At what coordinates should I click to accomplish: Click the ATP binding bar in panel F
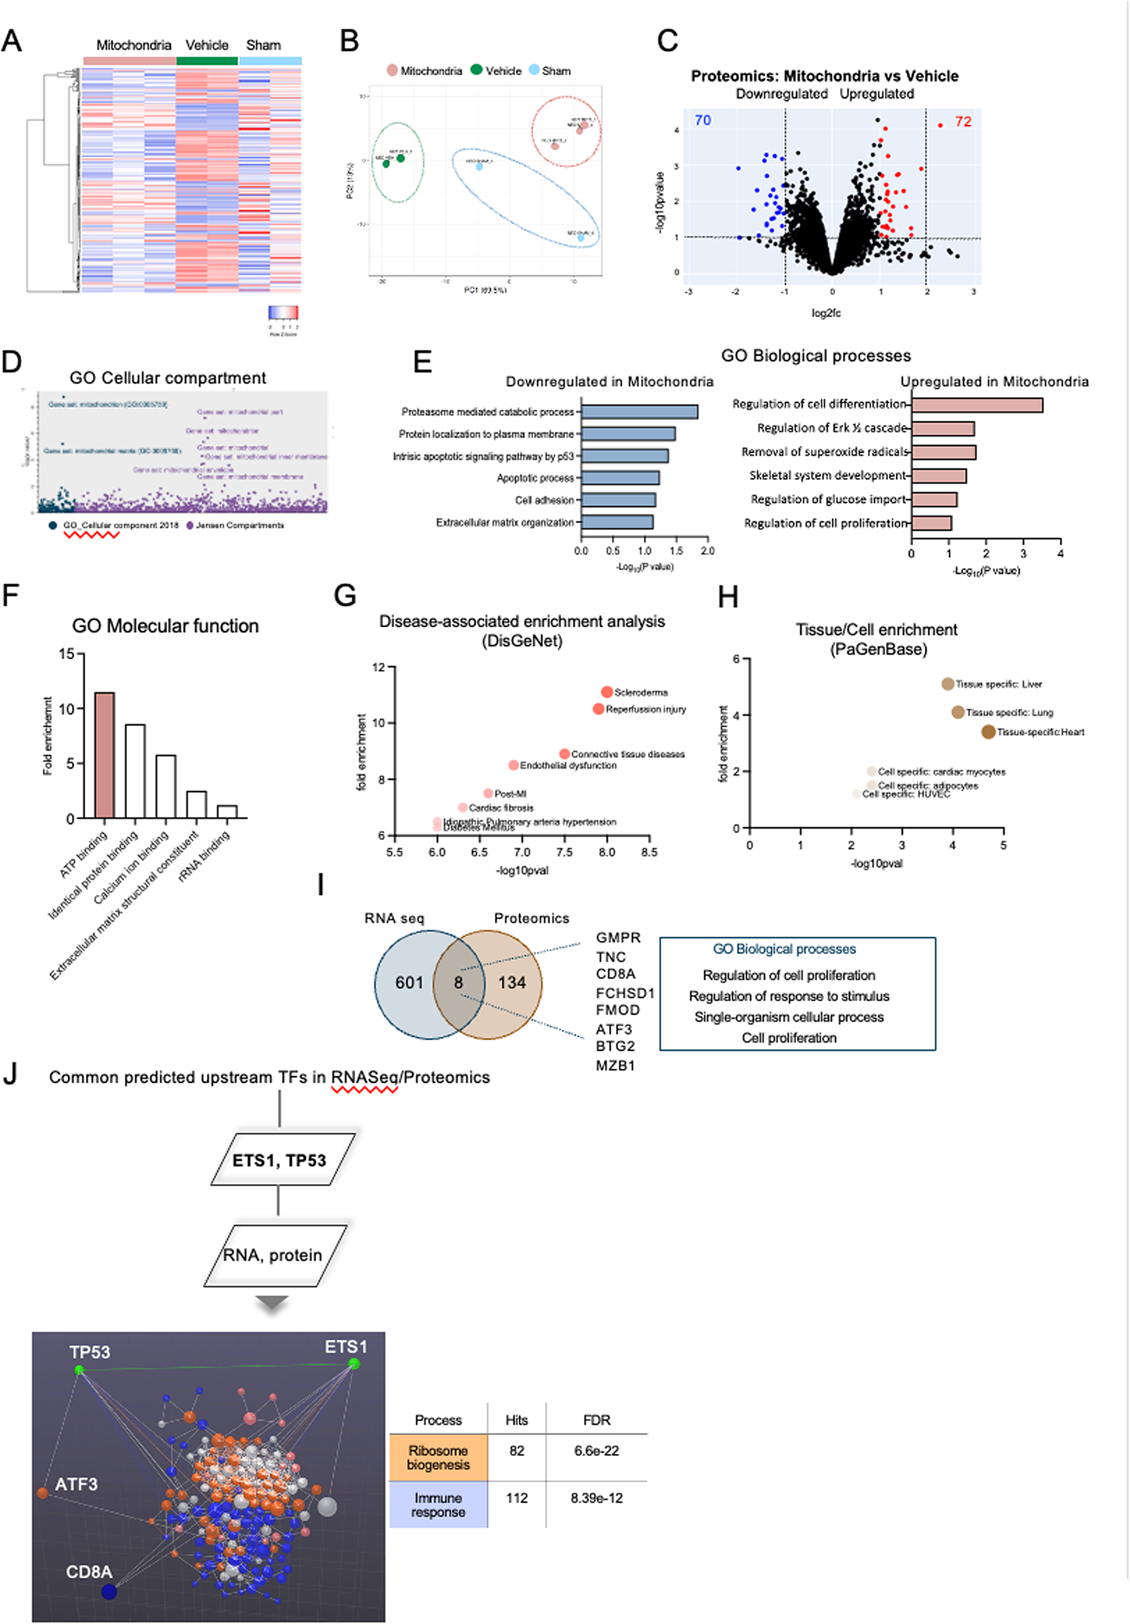click(105, 755)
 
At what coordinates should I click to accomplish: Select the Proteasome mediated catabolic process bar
click(639, 412)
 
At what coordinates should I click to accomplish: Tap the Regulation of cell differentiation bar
click(976, 405)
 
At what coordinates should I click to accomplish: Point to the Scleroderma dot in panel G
click(606, 692)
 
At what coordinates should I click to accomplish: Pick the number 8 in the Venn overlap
click(459, 982)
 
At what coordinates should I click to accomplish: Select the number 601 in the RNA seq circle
click(409, 982)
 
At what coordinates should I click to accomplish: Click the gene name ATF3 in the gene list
click(613, 1029)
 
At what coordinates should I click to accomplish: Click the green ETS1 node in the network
click(354, 1363)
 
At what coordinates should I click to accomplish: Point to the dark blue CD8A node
click(108, 1591)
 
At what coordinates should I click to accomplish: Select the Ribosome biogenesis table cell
click(438, 1457)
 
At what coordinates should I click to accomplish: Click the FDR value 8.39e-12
click(596, 1497)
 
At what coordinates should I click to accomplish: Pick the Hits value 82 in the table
click(517, 1451)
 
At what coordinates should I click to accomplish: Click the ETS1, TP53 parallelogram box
click(279, 1160)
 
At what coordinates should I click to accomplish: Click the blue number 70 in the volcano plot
click(703, 120)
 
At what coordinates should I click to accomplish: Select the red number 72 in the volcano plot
click(963, 122)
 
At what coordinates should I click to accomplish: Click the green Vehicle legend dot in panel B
click(476, 70)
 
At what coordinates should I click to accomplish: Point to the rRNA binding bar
click(227, 811)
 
